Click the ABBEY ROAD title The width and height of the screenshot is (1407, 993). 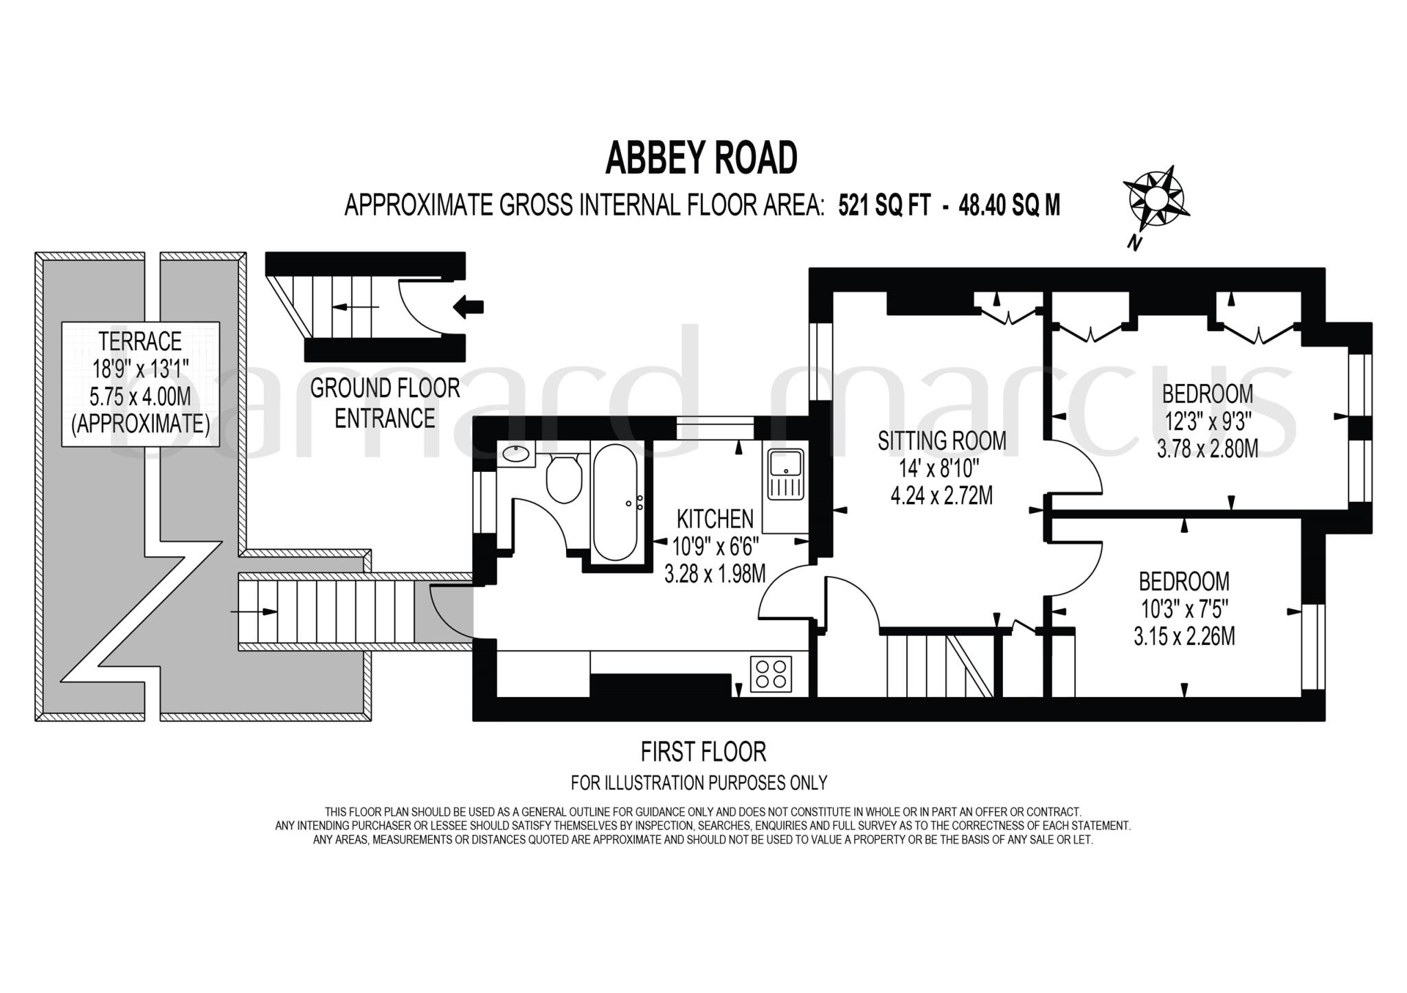click(701, 158)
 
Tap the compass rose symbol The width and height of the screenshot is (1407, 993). click(1153, 198)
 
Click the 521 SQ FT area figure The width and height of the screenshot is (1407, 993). click(884, 205)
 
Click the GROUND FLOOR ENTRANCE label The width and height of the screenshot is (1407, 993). click(385, 403)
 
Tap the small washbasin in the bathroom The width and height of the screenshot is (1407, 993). click(515, 454)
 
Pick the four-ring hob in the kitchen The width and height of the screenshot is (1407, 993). click(770, 674)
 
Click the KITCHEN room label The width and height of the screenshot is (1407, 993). click(714, 518)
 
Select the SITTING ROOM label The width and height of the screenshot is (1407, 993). click(941, 441)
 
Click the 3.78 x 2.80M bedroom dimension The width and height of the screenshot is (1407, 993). click(1207, 449)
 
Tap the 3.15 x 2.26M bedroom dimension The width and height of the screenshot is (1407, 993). click(1184, 637)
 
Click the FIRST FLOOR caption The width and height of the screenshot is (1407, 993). click(703, 752)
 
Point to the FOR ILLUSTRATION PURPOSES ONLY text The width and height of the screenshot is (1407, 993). click(699, 782)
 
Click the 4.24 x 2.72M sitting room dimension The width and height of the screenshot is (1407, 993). click(941, 495)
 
